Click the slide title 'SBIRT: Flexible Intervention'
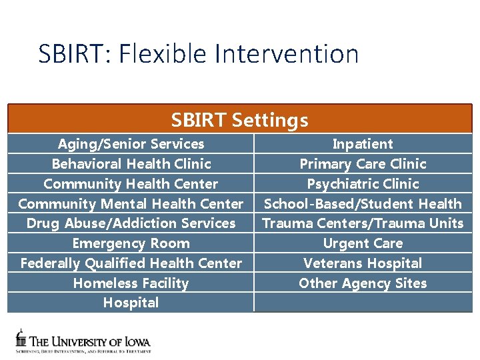click(198, 54)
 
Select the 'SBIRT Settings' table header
click(239, 120)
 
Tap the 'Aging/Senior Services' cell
click(131, 144)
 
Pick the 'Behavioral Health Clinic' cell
click(131, 164)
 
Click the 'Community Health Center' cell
click(131, 184)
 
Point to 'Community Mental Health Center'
click(131, 204)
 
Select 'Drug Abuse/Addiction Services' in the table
click(131, 223)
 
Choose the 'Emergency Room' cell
click(131, 243)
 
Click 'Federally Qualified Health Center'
click(131, 263)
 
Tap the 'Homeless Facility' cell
click(131, 283)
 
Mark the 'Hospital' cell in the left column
click(131, 303)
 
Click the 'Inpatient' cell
click(363, 144)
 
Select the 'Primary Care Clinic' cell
click(363, 164)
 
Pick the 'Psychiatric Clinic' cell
click(363, 184)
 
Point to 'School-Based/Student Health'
click(363, 204)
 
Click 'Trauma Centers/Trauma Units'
click(363, 223)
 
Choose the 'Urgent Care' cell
click(363, 243)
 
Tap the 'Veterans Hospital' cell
click(363, 263)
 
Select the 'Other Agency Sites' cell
click(363, 283)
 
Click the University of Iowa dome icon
click(21, 338)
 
